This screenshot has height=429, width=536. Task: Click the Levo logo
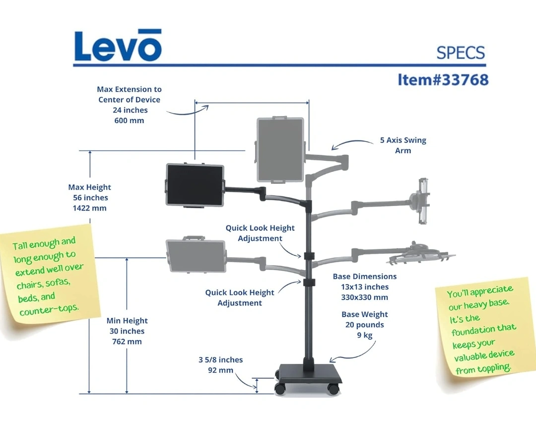pyautogui.click(x=118, y=46)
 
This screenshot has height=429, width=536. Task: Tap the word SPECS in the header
pyautogui.click(x=460, y=53)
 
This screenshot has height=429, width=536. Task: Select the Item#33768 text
pyautogui.click(x=443, y=79)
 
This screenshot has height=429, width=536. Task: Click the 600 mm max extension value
pyautogui.click(x=129, y=121)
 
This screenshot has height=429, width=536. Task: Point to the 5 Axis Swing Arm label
pyautogui.click(x=403, y=145)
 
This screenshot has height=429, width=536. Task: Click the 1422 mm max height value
pyautogui.click(x=89, y=208)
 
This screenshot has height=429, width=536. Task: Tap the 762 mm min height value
pyautogui.click(x=127, y=342)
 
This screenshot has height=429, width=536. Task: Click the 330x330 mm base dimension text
pyautogui.click(x=364, y=297)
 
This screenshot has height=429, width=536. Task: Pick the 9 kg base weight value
pyautogui.click(x=364, y=335)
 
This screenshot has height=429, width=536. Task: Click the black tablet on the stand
pyautogui.click(x=195, y=185)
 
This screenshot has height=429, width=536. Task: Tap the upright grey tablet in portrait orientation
pyautogui.click(x=280, y=149)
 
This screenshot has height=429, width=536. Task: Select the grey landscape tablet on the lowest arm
pyautogui.click(x=196, y=256)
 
